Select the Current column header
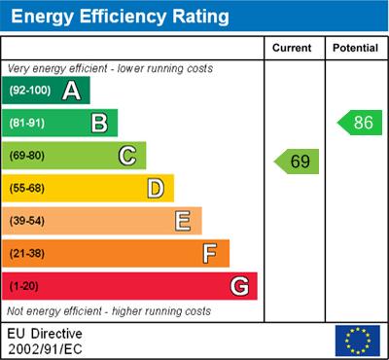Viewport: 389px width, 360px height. [x=292, y=48]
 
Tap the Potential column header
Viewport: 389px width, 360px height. [x=354, y=48]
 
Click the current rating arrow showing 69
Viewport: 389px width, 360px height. [x=296, y=161]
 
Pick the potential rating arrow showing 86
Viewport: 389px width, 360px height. [x=358, y=123]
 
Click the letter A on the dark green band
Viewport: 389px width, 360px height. [x=71, y=90]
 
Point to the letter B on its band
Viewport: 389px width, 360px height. [x=99, y=123]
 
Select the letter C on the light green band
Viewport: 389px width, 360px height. [x=127, y=156]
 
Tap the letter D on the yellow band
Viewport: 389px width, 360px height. [x=156, y=188]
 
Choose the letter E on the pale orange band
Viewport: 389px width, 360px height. [x=183, y=221]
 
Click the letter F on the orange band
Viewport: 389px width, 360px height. [x=210, y=253]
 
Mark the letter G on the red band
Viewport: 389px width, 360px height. [x=239, y=286]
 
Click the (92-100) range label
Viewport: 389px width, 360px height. [x=30, y=90]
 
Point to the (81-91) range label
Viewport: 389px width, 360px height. [x=28, y=124]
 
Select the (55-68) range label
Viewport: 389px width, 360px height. [x=28, y=189]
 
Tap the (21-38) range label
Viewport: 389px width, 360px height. [x=28, y=254]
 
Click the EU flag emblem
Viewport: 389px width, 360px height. [x=357, y=340]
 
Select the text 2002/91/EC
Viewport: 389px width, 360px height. [x=45, y=347]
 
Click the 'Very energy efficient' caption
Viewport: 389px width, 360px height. [x=109, y=68]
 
